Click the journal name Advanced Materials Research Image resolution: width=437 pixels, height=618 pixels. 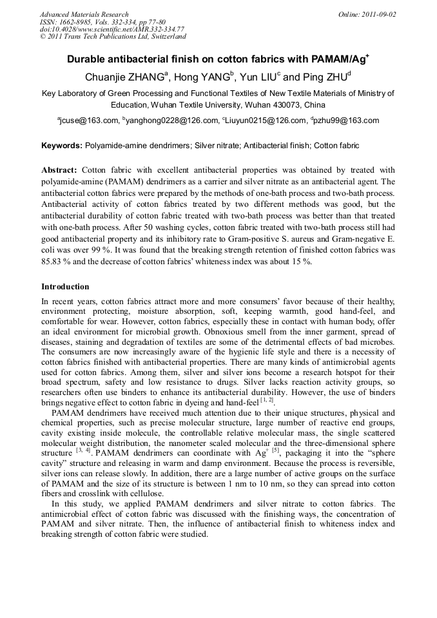coord(84,14)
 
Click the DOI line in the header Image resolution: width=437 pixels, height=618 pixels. coord(112,29)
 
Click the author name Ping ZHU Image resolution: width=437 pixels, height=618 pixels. coord(325,77)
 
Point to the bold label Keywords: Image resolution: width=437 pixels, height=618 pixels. coord(62,146)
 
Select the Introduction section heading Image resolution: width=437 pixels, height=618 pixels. coord(65,287)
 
